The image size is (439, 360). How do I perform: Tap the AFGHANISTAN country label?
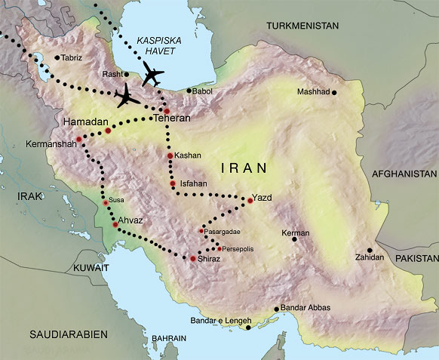(404, 173)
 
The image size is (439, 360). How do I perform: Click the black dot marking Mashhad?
(334, 93)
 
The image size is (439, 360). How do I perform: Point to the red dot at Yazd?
(250, 200)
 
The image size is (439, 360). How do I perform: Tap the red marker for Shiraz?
(193, 259)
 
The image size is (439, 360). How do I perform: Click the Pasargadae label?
(223, 231)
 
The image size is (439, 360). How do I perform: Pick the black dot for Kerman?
(294, 240)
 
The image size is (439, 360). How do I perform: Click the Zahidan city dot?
(370, 251)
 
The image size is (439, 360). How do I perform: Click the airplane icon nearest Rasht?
(127, 97)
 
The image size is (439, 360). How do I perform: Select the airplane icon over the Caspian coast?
(153, 75)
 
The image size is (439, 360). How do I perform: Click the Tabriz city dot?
(57, 57)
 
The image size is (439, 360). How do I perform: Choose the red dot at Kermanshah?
(78, 139)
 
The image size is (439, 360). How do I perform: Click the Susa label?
(117, 200)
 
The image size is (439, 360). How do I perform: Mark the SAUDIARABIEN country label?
(67, 333)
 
